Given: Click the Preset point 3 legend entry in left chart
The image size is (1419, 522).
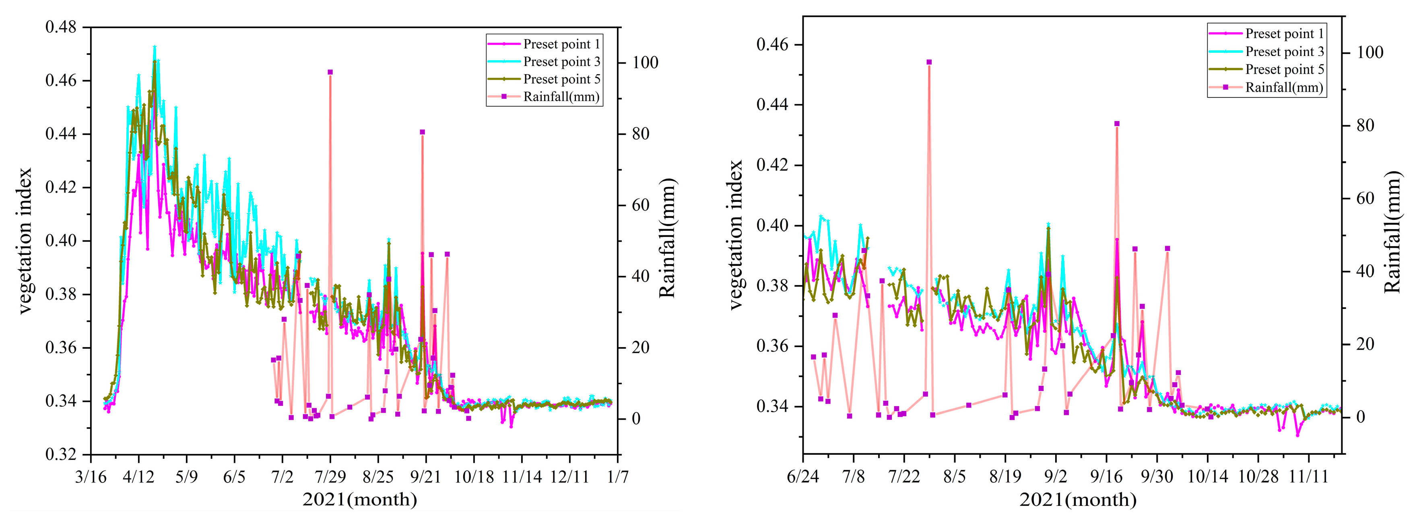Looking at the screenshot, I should tap(561, 62).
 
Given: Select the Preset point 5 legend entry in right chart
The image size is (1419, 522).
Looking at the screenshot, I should tap(1283, 69).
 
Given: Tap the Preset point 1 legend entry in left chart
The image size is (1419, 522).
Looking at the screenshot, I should tap(561, 44).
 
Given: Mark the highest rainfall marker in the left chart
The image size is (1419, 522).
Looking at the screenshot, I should tap(330, 72).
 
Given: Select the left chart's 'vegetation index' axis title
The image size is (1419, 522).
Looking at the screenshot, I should tap(25, 241).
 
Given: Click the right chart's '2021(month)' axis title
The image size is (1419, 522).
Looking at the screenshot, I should tap(1077, 500).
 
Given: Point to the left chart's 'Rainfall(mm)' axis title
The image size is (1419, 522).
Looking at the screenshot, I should tap(668, 238).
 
